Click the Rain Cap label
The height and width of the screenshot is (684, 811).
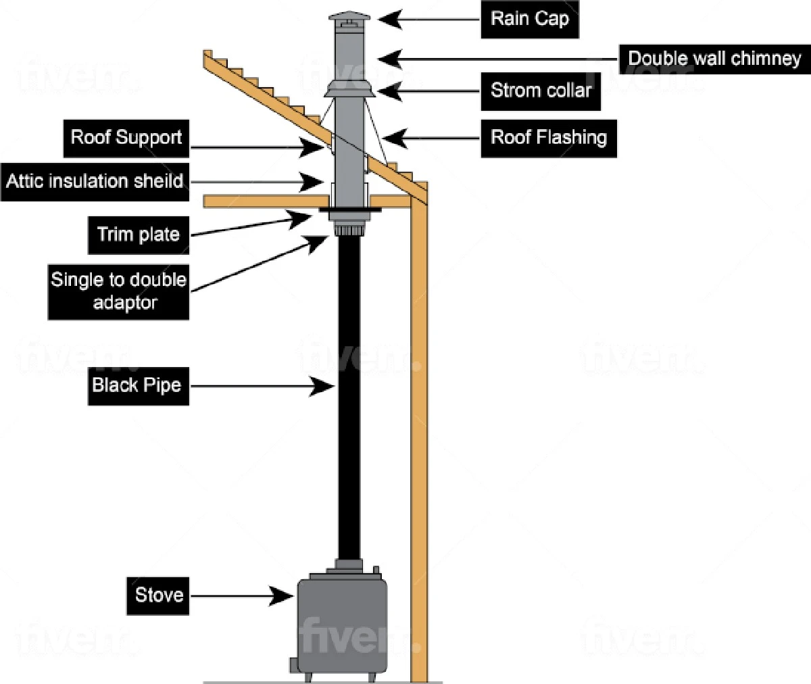530,19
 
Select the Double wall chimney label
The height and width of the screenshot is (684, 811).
714,58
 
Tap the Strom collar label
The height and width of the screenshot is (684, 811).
541,91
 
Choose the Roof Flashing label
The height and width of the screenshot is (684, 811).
548,138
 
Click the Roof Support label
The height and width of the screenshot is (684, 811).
126,138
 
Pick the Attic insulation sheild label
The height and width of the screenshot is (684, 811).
94,181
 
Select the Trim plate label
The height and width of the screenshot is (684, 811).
139,235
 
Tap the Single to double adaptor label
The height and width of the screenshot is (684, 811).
118,291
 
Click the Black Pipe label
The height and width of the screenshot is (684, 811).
137,385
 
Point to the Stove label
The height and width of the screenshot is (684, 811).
159,595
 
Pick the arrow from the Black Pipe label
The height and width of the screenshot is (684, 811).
264,387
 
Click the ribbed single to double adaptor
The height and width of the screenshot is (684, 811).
349,230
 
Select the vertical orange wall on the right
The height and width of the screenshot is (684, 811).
419,439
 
